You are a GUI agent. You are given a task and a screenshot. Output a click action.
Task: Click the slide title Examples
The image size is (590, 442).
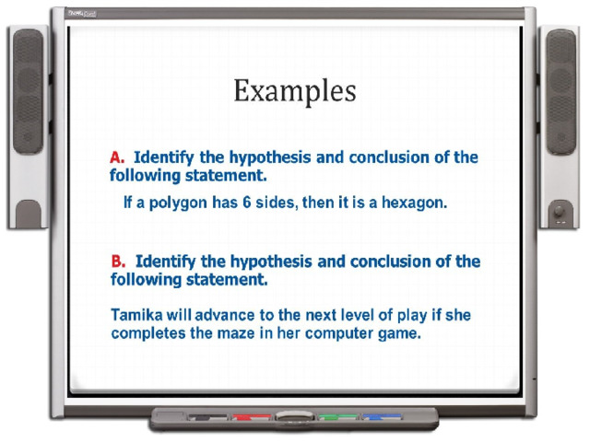click(295, 91)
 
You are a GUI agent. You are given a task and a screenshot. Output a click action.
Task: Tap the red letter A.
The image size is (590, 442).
click(117, 157)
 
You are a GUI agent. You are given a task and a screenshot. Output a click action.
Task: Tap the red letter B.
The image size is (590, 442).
click(118, 262)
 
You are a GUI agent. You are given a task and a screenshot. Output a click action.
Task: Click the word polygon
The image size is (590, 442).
click(178, 204)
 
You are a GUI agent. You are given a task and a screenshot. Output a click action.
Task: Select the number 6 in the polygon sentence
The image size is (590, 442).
click(246, 203)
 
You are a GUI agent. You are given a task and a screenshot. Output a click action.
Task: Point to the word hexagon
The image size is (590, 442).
click(414, 204)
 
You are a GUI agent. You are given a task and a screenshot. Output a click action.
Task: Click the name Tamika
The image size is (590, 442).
click(136, 315)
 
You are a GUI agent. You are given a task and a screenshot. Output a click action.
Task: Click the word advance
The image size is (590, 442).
click(225, 315)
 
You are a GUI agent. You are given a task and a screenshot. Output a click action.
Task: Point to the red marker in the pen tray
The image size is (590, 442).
click(252, 417)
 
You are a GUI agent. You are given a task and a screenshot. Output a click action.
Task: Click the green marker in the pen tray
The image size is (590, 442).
click(337, 417)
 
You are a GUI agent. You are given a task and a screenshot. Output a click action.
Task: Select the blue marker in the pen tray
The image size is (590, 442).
click(382, 417)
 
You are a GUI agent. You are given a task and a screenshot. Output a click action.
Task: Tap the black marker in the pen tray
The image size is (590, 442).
click(207, 417)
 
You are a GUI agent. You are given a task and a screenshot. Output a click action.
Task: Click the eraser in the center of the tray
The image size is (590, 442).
click(295, 415)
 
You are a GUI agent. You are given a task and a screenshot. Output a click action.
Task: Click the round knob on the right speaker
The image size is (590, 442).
click(560, 211)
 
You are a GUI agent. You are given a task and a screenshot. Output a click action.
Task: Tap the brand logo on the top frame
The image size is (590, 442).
click(82, 14)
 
